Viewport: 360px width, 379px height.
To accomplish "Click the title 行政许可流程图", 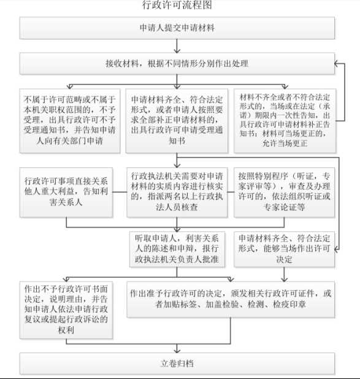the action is tap(177, 5).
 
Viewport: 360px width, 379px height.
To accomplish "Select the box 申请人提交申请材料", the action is tap(177, 28).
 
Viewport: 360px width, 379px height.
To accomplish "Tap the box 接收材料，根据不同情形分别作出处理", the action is tap(177, 64).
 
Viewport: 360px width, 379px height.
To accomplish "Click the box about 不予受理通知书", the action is tap(70, 121).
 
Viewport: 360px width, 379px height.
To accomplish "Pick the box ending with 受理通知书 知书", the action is tap(177, 121).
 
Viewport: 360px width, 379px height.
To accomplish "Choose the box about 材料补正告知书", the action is tap(285, 121).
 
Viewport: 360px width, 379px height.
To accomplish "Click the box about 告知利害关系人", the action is tap(66, 193).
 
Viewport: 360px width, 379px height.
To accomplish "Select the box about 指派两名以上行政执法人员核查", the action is tap(177, 193).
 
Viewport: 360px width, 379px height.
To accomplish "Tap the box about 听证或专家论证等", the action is tap(285, 193).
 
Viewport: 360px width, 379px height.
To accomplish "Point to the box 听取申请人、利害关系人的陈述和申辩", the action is tap(177, 249).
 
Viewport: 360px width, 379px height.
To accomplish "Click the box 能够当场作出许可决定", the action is tap(285, 249).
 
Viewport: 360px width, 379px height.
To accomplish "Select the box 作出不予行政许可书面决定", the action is tap(66, 310).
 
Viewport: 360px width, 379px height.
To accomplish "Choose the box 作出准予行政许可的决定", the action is tap(231, 299).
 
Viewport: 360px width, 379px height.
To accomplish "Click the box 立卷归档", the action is tap(177, 364).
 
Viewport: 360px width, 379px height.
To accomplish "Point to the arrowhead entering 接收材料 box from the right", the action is tap(337, 64).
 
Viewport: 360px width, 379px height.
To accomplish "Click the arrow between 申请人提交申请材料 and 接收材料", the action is tap(177, 46).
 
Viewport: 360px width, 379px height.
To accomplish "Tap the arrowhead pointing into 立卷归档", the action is tap(177, 351).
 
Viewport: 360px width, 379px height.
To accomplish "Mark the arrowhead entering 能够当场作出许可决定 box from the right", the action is tap(337, 249).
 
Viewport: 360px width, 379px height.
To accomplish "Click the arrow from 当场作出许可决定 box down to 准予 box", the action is tap(285, 274).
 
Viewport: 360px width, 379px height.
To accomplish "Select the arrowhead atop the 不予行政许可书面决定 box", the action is tap(66, 280).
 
